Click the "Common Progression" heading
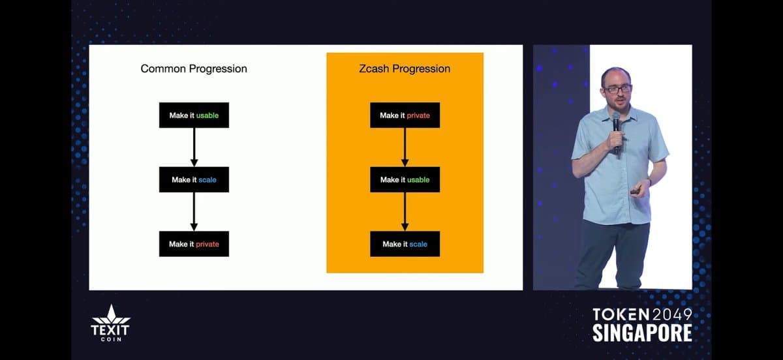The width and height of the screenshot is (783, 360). pyautogui.click(x=194, y=68)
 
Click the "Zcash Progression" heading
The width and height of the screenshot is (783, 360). pyautogui.click(x=405, y=68)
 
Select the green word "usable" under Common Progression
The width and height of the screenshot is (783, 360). pyautogui.click(x=207, y=115)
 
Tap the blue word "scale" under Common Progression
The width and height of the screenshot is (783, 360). pyautogui.click(x=207, y=180)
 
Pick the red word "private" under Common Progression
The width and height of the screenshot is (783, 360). pyautogui.click(x=207, y=245)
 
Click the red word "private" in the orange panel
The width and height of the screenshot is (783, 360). pyautogui.click(x=418, y=115)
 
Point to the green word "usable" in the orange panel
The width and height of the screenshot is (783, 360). pyautogui.click(x=418, y=180)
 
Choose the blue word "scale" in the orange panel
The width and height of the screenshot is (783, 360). pyautogui.click(x=418, y=245)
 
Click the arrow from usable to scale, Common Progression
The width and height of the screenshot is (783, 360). pyautogui.click(x=194, y=147)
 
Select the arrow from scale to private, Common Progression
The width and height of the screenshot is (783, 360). pyautogui.click(x=194, y=211)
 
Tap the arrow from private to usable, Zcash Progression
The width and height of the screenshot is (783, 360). pyautogui.click(x=405, y=147)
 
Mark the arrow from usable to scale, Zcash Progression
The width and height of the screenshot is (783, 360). pyautogui.click(x=405, y=211)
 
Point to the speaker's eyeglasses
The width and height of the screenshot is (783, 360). pyautogui.click(x=617, y=88)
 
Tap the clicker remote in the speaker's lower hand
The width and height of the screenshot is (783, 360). pyautogui.click(x=635, y=192)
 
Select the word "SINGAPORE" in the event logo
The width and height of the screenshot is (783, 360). pyautogui.click(x=642, y=333)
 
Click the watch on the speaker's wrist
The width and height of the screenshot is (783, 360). pyautogui.click(x=649, y=182)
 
